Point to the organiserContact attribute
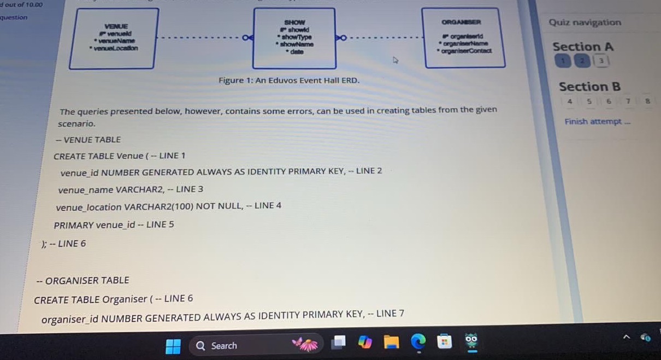[x=468, y=50]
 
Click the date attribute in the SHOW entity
[x=297, y=51]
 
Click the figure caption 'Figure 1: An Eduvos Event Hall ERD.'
[x=289, y=80]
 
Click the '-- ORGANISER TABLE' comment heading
[x=83, y=281]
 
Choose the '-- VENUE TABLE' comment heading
[x=88, y=140]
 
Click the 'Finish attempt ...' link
[x=598, y=121]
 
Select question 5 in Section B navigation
[x=589, y=101]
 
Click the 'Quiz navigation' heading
[x=585, y=22]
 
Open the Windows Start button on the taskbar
[x=173, y=346]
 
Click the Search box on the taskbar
[x=224, y=346]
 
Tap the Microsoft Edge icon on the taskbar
[x=418, y=343]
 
